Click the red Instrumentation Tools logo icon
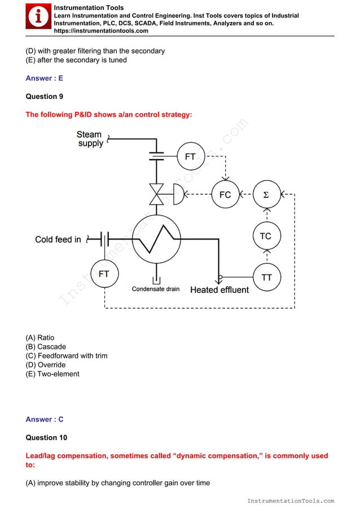(x=38, y=17)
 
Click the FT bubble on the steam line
(x=190, y=156)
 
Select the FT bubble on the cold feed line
(x=104, y=274)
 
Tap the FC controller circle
(x=225, y=195)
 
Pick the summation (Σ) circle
(x=266, y=195)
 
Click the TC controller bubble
(x=266, y=236)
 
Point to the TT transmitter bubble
(x=266, y=277)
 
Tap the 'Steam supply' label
(x=90, y=139)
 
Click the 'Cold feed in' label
(x=58, y=239)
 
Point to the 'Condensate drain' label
(x=156, y=289)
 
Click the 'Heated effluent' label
(x=219, y=289)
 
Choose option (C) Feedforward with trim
(x=67, y=356)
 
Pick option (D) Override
(x=46, y=365)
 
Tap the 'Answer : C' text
(x=45, y=419)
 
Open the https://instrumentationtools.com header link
(x=101, y=31)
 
